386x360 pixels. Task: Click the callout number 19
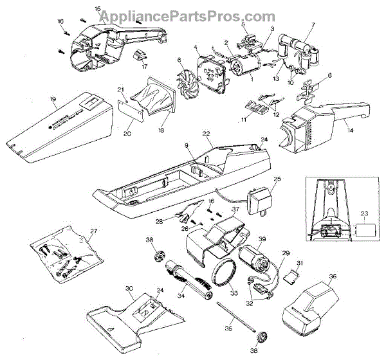[17, 99]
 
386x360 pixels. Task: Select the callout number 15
[97, 8]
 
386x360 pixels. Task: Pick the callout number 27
[94, 230]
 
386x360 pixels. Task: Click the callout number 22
[207, 133]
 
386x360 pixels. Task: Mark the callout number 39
[262, 239]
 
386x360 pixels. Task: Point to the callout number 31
[299, 262]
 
